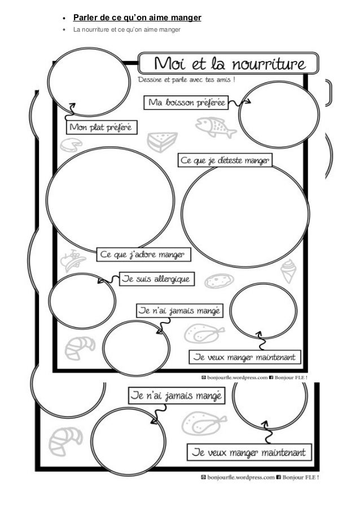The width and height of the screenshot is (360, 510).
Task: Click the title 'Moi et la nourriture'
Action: (x=228, y=62)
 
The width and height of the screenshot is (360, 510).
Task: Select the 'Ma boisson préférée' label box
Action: (x=186, y=103)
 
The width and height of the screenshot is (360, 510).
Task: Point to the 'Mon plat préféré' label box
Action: (x=102, y=127)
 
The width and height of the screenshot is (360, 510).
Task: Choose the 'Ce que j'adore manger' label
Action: (x=144, y=255)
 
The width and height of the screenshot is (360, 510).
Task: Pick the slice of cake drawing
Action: (x=161, y=141)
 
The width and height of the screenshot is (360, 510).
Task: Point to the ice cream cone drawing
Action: (x=288, y=270)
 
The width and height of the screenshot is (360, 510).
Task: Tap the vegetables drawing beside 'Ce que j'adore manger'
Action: (x=73, y=260)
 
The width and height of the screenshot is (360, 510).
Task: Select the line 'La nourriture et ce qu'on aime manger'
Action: (x=127, y=30)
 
